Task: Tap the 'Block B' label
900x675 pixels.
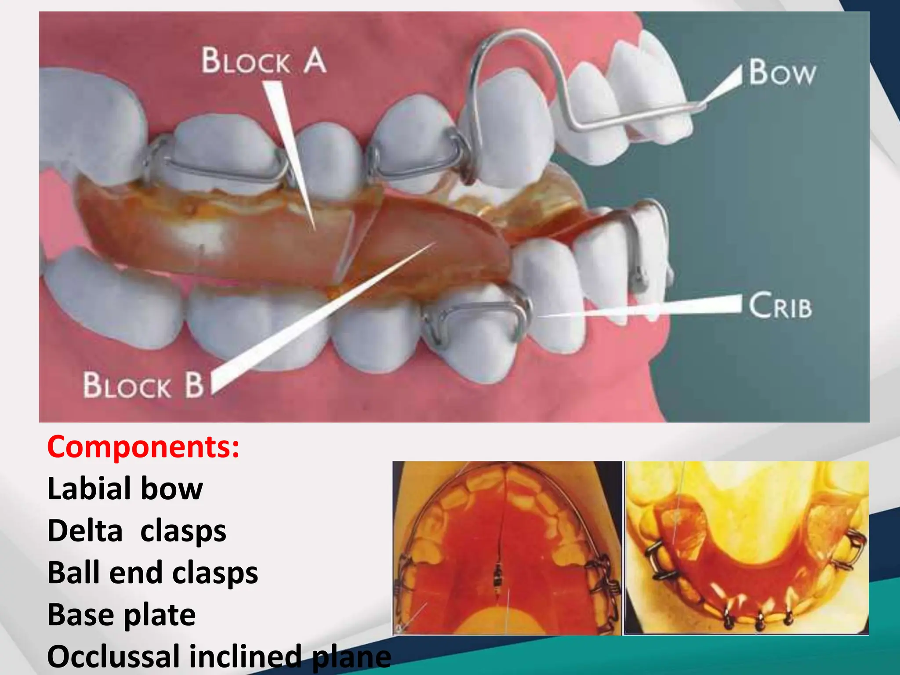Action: coord(143,385)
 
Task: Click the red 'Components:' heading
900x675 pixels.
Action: coord(144,447)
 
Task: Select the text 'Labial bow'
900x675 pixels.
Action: coord(125,489)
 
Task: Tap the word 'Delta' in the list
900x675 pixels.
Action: coord(85,531)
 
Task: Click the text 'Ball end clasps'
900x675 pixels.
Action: coord(152,573)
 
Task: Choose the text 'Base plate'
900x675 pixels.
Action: coord(121,615)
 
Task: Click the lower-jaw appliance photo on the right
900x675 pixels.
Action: coord(746,548)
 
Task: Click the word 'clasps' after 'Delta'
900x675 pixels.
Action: coord(183,531)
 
